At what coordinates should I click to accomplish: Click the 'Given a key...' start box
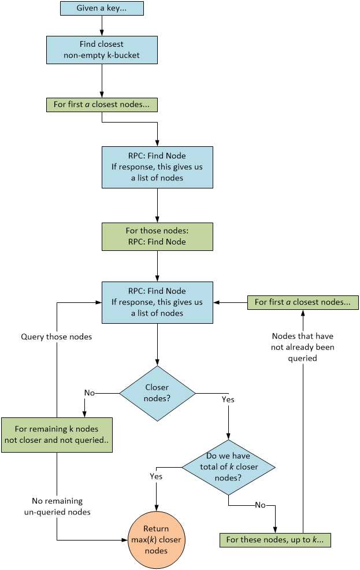click(102, 8)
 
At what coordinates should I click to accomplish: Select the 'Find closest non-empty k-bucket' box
click(102, 49)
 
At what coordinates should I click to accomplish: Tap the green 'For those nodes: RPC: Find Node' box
click(157, 236)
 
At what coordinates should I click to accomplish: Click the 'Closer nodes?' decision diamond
click(157, 393)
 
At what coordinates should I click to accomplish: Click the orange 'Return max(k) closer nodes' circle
click(157, 539)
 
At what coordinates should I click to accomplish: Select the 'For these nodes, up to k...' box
click(274, 540)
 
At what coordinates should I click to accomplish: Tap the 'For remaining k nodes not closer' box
click(57, 434)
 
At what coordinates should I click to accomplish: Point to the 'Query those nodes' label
click(56, 336)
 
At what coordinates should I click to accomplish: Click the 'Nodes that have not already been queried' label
click(303, 347)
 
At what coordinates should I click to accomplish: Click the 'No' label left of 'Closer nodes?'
click(89, 393)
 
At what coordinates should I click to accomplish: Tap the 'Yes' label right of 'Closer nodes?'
click(228, 399)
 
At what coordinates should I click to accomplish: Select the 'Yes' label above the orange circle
click(156, 476)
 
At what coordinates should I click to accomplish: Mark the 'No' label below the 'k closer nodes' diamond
click(260, 505)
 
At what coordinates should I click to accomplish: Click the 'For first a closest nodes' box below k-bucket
click(102, 105)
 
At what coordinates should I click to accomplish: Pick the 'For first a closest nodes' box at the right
click(303, 302)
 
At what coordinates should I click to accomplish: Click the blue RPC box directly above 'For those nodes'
click(157, 167)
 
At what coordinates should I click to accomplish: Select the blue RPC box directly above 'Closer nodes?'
click(157, 302)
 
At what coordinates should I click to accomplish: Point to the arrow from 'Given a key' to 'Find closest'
click(102, 25)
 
